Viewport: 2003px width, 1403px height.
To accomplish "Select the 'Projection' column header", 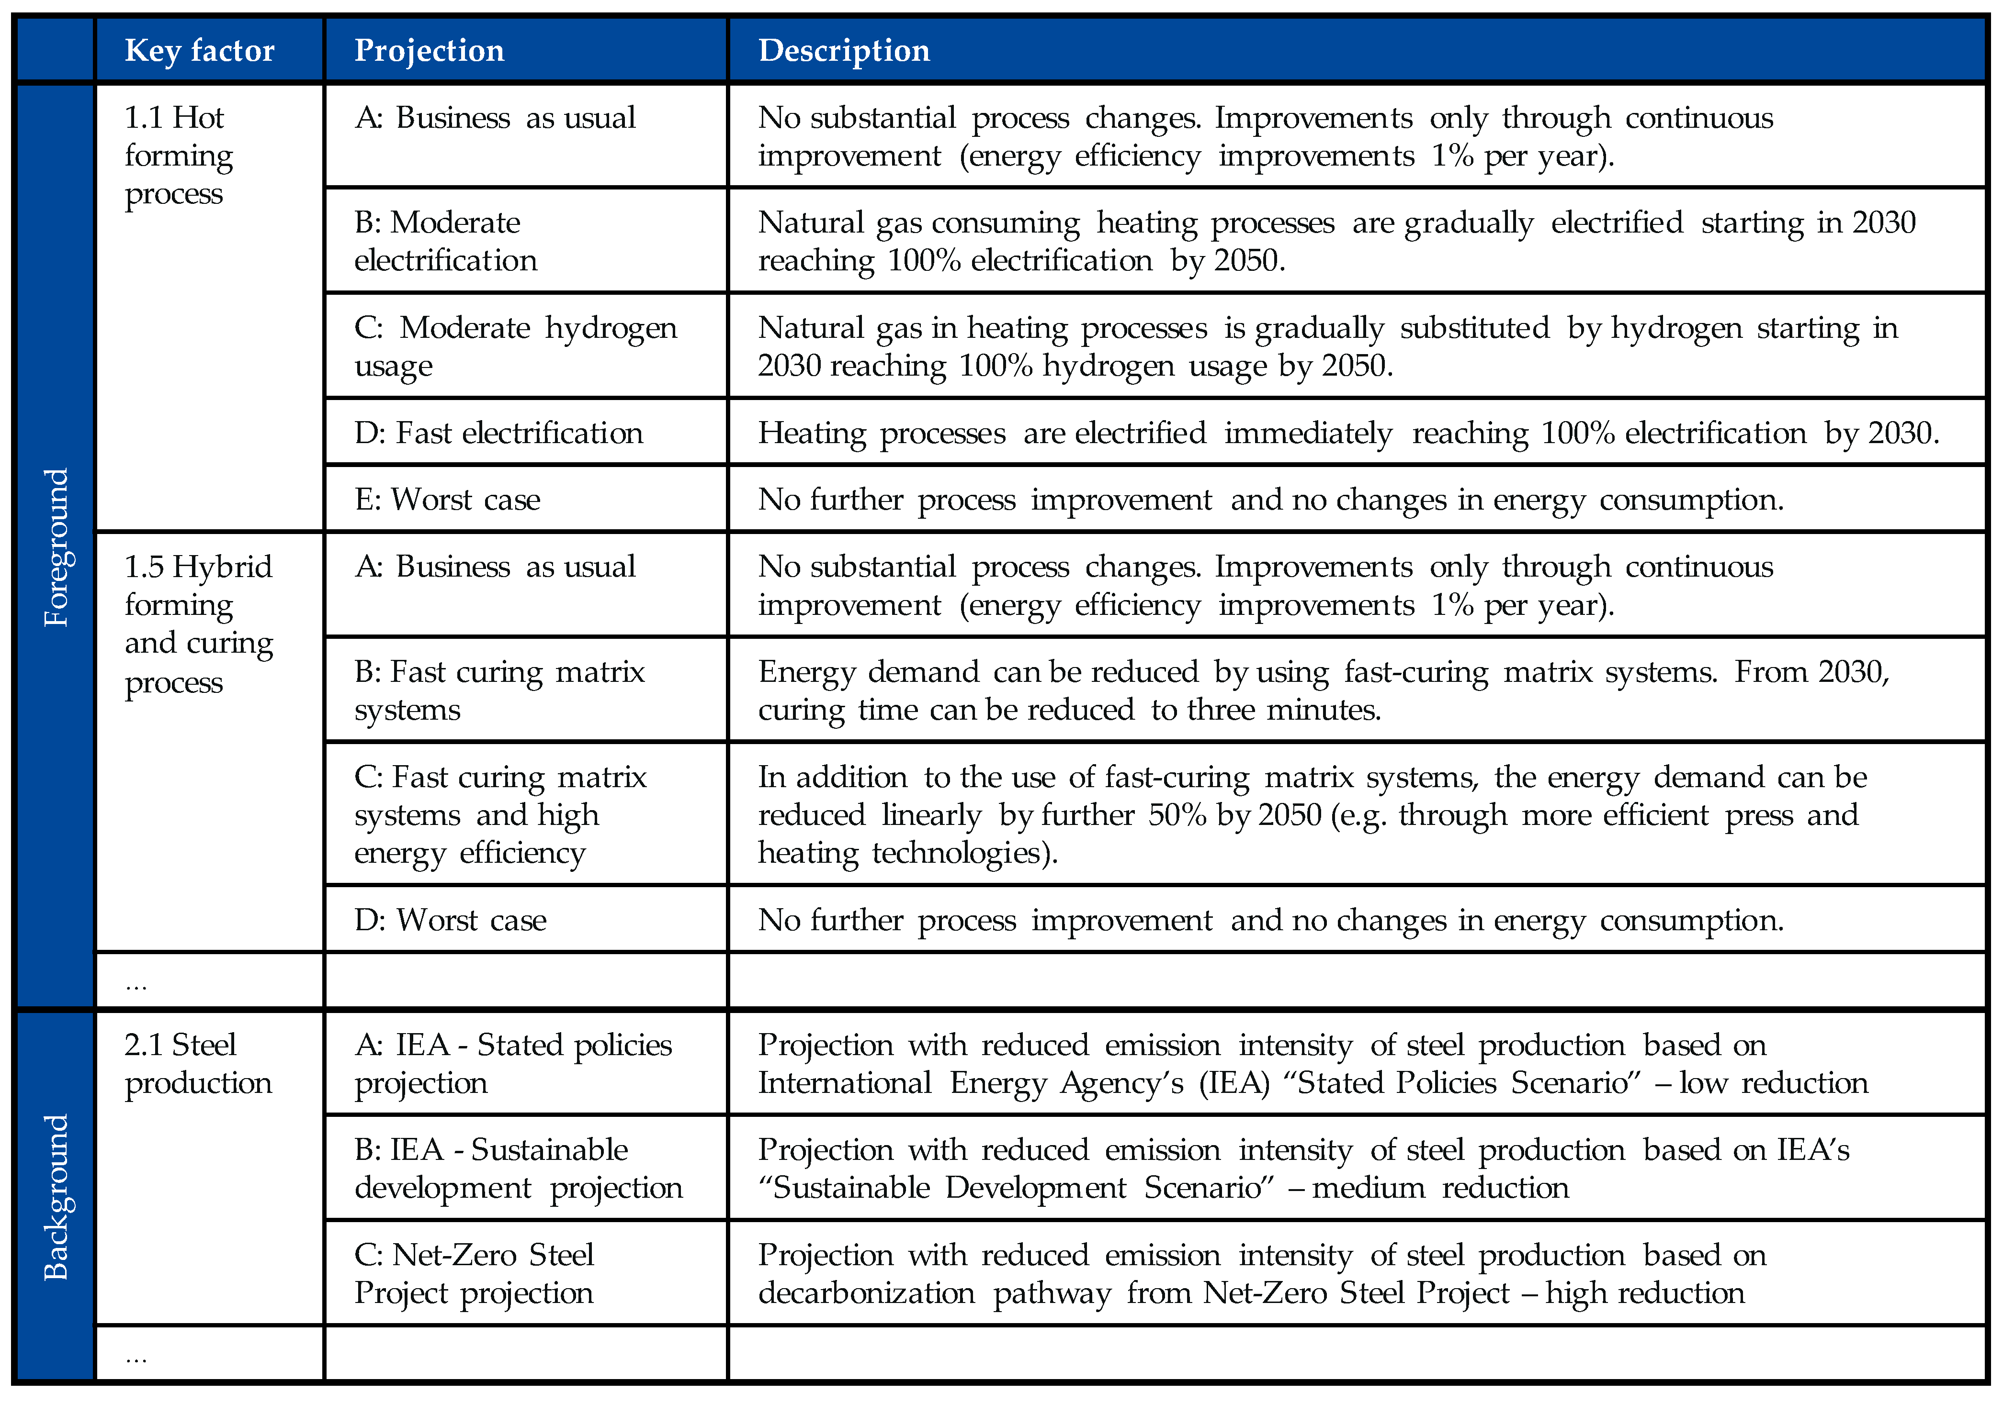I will point(429,51).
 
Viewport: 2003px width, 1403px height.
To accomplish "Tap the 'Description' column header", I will point(844,51).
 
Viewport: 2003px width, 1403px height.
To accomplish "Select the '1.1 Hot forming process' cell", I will point(179,155).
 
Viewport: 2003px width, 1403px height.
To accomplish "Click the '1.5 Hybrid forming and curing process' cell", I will point(198,624).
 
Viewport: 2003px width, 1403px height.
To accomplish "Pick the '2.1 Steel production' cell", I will point(198,1064).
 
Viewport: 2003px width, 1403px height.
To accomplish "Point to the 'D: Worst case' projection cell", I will point(450,920).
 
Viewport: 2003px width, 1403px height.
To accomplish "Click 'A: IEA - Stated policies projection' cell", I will point(513,1064).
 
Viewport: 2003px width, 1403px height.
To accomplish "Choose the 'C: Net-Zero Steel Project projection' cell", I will point(474,1274).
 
